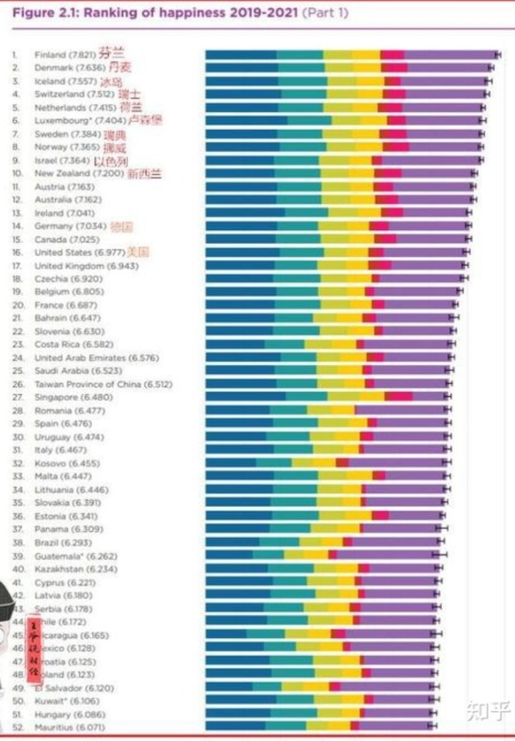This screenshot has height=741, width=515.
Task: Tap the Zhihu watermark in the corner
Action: pyautogui.click(x=486, y=711)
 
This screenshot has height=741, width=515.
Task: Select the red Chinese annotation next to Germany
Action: pyautogui.click(x=121, y=226)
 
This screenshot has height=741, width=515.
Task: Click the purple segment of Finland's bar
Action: pyautogui.click(x=450, y=55)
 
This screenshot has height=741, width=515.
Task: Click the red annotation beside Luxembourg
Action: pyautogui.click(x=145, y=120)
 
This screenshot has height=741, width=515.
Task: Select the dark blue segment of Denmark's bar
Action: pyautogui.click(x=241, y=68)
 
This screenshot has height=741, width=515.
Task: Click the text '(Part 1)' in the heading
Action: pyautogui.click(x=324, y=13)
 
